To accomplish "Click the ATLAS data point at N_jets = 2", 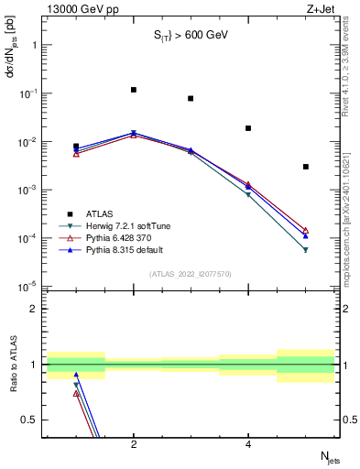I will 134,90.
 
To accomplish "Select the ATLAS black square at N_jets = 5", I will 305,167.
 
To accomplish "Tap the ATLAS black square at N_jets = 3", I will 191,98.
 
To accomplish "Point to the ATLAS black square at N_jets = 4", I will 248,128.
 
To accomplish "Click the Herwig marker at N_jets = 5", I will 305,249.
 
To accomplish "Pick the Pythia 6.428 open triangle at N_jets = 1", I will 76,154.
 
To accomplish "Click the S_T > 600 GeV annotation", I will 190,36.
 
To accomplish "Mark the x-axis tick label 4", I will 248,445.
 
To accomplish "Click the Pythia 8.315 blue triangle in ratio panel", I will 76,375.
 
